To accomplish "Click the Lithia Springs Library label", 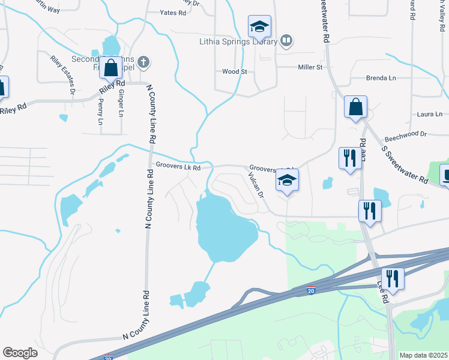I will point(238,42).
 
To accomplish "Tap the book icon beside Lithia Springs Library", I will point(287,41).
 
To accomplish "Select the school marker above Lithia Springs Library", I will point(260,26).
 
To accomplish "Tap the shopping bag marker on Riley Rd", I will point(111,68).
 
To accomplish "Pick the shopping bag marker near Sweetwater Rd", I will point(355,107).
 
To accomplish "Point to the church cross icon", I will point(143,61).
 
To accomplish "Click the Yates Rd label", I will point(173,12).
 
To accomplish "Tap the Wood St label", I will point(235,71).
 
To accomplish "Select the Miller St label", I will point(310,68).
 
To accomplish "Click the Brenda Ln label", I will point(381,78).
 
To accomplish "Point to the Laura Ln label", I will point(429,114).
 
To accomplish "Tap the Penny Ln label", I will point(101,113).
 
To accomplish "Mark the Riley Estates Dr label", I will point(62,75).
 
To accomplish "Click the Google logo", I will point(20,353).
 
